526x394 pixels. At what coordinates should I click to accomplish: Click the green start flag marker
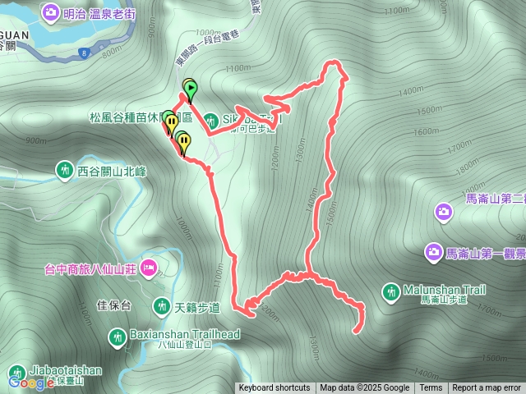(x=191, y=88)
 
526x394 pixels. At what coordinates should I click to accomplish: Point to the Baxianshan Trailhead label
(x=185, y=334)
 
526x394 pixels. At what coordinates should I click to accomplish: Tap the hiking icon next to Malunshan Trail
(x=391, y=290)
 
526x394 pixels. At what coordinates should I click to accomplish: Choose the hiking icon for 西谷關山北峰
(x=64, y=171)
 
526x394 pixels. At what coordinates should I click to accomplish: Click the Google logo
(x=32, y=382)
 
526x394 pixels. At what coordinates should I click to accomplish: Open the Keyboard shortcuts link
(x=275, y=388)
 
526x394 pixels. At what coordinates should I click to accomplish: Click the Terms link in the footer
(x=431, y=388)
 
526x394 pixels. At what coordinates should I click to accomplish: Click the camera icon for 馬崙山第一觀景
(x=433, y=250)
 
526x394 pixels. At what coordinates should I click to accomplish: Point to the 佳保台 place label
(x=114, y=305)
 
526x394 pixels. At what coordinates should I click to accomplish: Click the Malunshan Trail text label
(x=445, y=290)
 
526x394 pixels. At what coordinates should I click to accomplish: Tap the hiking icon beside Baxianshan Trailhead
(x=118, y=335)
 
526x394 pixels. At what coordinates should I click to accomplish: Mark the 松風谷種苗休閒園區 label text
(x=123, y=117)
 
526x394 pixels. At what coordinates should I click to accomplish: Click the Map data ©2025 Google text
(x=365, y=388)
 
